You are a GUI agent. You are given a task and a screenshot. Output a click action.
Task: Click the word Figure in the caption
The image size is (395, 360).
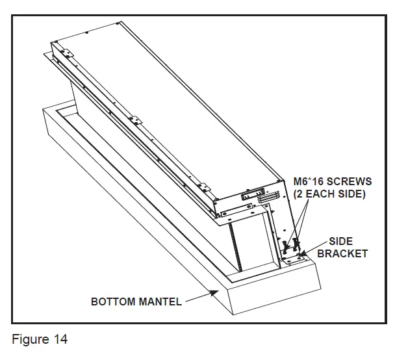[29, 339]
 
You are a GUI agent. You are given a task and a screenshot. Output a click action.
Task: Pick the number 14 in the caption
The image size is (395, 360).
[60, 339]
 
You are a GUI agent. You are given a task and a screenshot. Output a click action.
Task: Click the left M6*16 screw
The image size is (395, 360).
[286, 246]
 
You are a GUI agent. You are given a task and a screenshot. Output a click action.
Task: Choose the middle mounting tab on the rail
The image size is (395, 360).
[134, 120]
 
